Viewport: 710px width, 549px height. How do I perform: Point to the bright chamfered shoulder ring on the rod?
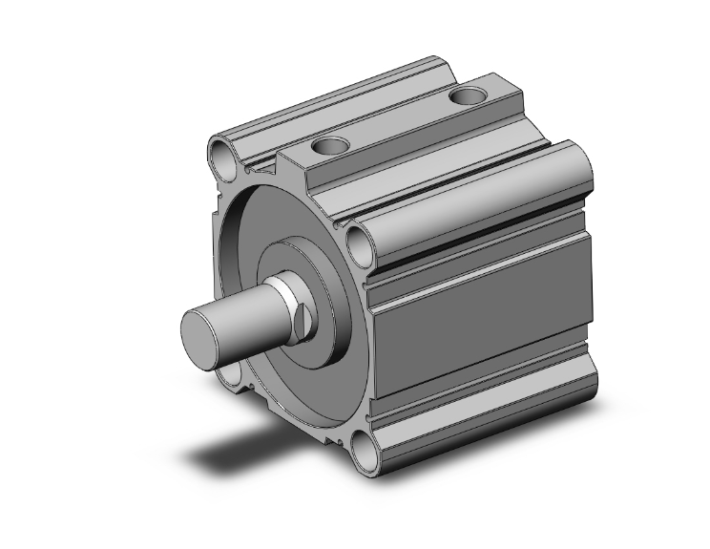click(283, 304)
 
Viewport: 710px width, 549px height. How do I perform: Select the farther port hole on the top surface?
click(469, 95)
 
